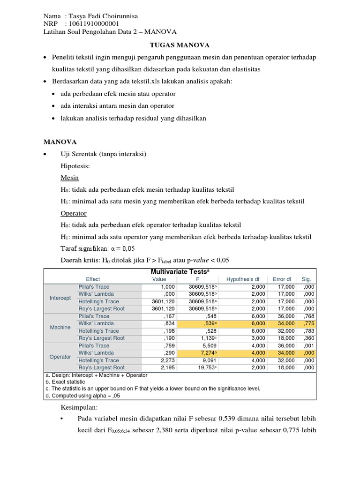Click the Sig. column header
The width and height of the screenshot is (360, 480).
[307, 279]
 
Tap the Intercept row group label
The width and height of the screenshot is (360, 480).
[60, 298]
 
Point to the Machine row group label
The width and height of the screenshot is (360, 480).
[60, 327]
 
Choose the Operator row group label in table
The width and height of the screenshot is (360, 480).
[60, 357]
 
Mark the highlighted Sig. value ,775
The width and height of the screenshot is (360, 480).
[308, 323]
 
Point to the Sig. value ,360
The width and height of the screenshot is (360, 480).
[308, 338]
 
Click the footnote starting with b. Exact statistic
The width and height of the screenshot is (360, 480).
[66, 382]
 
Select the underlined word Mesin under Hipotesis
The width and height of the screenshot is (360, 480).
[69, 178]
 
